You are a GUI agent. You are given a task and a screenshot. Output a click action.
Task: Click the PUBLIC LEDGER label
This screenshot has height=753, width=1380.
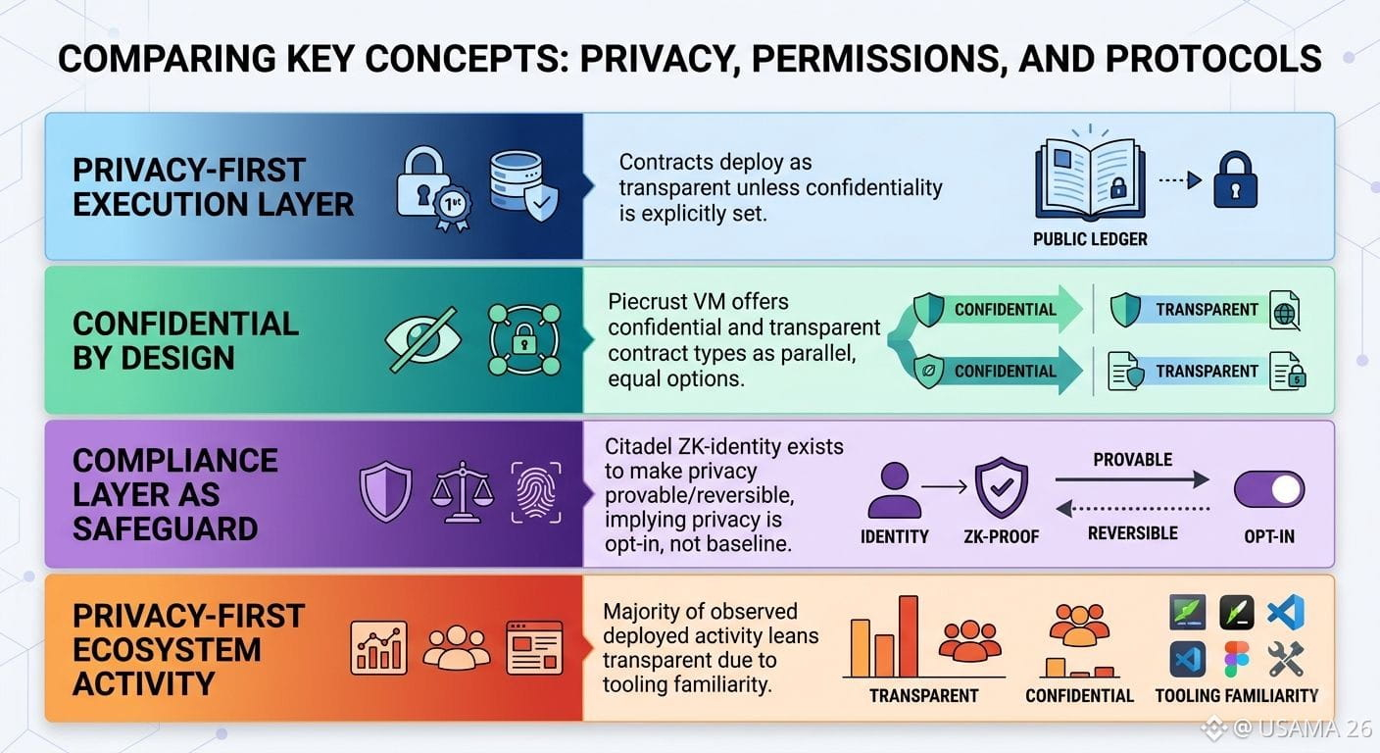pos(1090,239)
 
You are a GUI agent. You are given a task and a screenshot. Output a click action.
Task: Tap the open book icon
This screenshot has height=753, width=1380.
pos(1090,177)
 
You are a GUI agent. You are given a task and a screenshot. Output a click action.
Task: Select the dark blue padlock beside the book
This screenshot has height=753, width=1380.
pos(1235,179)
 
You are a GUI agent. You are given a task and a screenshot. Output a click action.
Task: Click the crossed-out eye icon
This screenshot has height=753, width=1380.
pos(422,339)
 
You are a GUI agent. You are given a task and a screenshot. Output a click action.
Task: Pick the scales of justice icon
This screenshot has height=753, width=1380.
pos(462,492)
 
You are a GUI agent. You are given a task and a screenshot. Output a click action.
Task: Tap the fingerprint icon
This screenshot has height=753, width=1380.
pos(536,492)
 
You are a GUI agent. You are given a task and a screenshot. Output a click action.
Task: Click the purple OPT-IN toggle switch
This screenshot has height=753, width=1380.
pos(1269,490)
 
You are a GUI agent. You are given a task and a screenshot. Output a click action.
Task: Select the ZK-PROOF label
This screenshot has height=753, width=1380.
pos(1001,536)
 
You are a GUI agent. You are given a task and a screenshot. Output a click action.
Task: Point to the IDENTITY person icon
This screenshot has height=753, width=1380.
pos(895,490)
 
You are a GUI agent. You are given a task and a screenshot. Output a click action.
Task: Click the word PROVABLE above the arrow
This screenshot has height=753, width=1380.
pos(1132,460)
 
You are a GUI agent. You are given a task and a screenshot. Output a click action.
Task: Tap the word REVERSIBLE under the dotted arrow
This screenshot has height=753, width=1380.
pos(1132,533)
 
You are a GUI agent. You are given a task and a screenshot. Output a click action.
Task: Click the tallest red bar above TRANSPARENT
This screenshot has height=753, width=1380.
pos(909,636)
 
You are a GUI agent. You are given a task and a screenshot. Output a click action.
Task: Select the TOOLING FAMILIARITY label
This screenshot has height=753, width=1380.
pos(1237,696)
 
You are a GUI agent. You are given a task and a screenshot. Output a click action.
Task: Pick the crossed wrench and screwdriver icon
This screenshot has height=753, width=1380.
pos(1286,659)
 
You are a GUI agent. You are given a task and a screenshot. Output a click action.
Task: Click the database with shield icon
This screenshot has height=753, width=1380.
pos(523,186)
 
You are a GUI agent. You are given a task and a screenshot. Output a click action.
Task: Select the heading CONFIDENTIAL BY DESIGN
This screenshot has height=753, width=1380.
pos(185,341)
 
